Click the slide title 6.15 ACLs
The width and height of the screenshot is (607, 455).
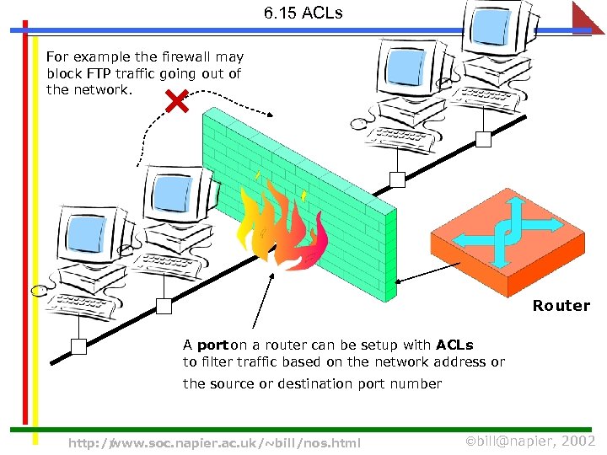303,13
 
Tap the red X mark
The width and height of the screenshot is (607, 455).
176,104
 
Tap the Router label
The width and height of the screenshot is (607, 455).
561,306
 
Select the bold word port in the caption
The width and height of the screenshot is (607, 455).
212,345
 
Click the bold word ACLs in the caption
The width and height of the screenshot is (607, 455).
454,345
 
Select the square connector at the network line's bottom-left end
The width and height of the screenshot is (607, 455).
78,346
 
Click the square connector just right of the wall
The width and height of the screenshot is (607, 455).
396,179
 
